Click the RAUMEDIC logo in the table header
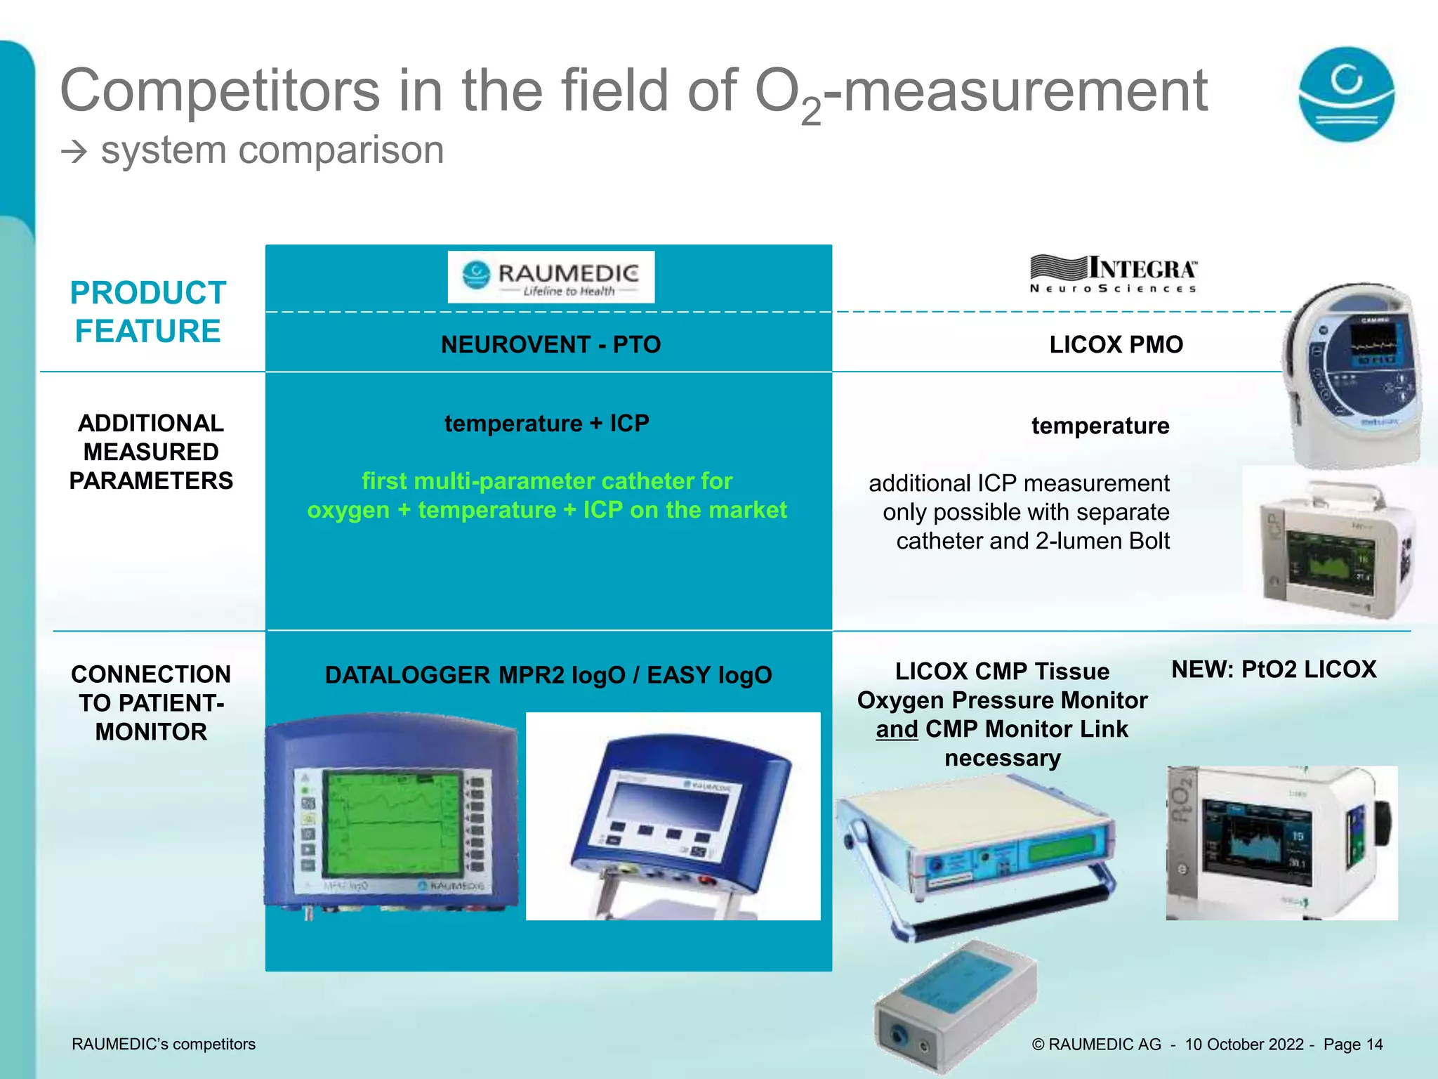click(551, 277)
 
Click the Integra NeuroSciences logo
click(1114, 274)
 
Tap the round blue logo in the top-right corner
click(1346, 94)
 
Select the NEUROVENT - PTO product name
click(550, 345)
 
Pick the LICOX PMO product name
click(1116, 345)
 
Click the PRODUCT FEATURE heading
click(148, 312)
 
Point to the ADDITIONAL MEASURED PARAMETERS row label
click(151, 452)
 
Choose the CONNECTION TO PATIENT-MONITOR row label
click(151, 702)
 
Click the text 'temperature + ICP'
click(547, 424)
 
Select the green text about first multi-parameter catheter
click(547, 495)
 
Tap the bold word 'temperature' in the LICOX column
click(1100, 426)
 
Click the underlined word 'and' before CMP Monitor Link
click(897, 729)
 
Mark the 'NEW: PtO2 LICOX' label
click(1274, 669)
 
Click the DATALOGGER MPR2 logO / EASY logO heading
click(548, 675)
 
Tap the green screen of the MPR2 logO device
click(392, 822)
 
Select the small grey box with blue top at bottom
click(955, 1005)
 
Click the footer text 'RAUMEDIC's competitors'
click(164, 1045)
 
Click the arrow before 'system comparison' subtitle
click(74, 152)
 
